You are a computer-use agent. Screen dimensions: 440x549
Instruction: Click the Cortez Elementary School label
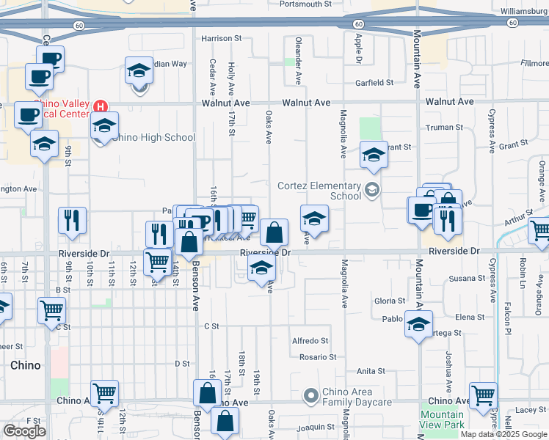pyautogui.click(x=319, y=191)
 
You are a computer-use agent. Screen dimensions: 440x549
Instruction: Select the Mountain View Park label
pyautogui.click(x=442, y=419)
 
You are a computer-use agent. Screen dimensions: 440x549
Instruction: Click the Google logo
pyautogui.click(x=24, y=431)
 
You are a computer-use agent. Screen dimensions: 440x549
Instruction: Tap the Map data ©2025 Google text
pyautogui.click(x=504, y=434)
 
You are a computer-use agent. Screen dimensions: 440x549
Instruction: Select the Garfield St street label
pyautogui.click(x=375, y=83)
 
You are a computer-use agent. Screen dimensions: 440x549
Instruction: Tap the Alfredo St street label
pyautogui.click(x=310, y=341)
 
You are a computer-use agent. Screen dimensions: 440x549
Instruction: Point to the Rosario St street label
pyautogui.click(x=317, y=357)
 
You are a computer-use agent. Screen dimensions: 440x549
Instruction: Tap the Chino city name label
pyautogui.click(x=25, y=365)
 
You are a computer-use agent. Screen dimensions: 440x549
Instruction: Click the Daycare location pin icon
pyautogui.click(x=311, y=396)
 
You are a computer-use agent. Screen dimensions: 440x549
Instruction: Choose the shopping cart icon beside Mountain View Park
pyautogui.click(x=483, y=395)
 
